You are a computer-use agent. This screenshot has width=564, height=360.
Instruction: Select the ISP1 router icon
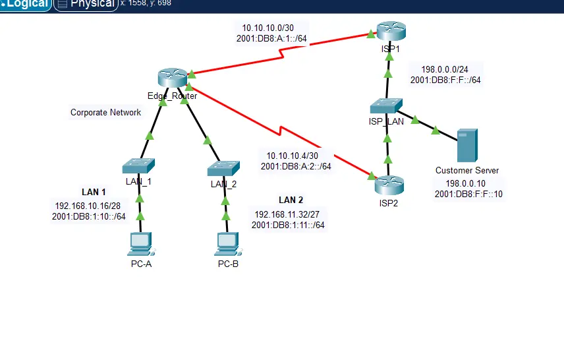pyautogui.click(x=391, y=30)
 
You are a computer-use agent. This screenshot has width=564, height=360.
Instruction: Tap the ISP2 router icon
pyautogui.click(x=389, y=185)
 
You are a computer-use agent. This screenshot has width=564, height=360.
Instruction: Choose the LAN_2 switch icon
pyautogui.click(x=223, y=168)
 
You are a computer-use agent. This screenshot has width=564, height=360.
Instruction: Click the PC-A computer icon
pyautogui.click(x=140, y=244)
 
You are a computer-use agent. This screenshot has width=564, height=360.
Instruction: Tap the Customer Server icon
pyautogui.click(x=466, y=146)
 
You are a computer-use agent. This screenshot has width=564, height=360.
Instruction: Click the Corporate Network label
pyautogui.click(x=105, y=113)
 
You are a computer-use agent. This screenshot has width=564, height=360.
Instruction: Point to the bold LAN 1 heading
pyautogui.click(x=94, y=193)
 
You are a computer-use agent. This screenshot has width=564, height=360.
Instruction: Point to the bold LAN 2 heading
pyautogui.click(x=291, y=200)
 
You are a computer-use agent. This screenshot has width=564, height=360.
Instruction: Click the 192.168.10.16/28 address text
pyautogui.click(x=88, y=206)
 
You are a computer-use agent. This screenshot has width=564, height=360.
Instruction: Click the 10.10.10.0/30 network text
pyautogui.click(x=268, y=28)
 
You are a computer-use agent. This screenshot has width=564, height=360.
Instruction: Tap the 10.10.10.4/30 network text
pyautogui.click(x=292, y=156)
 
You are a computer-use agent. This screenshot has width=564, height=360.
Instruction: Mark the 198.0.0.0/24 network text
pyautogui.click(x=445, y=69)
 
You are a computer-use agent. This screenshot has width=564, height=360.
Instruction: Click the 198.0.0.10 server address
pyautogui.click(x=466, y=183)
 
